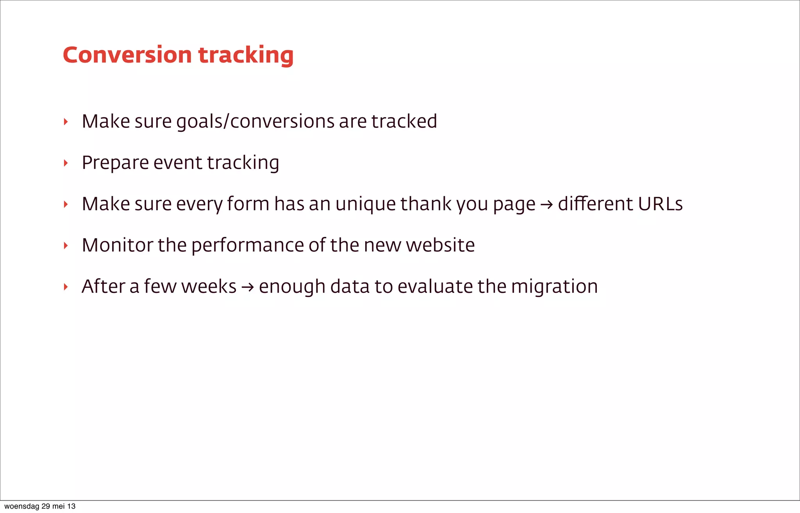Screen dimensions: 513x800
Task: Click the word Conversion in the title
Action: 127,55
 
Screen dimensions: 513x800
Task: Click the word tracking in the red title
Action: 246,56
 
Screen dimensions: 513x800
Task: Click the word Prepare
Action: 115,163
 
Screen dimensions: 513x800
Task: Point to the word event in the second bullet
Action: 178,163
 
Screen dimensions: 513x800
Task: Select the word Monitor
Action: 118,245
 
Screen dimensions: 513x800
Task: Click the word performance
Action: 247,246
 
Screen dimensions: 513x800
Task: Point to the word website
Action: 440,245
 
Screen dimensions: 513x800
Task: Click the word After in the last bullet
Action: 103,286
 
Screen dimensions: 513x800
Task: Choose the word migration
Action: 554,287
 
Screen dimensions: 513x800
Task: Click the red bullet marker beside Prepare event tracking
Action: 66,163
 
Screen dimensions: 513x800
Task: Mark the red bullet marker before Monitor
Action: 66,246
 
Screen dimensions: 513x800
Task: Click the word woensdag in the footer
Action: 21,506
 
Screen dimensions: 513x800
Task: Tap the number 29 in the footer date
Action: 46,506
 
